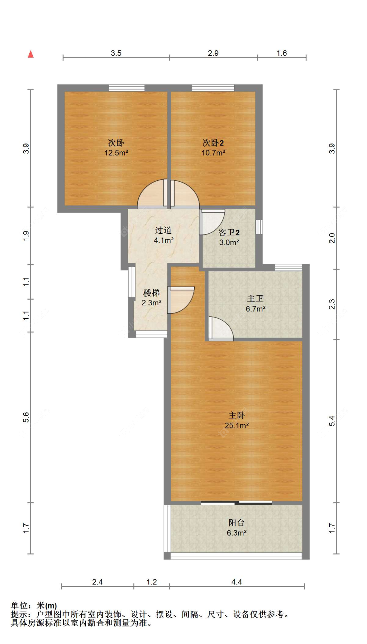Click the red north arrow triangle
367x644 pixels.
tap(31, 54)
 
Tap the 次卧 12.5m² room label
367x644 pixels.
tap(116, 147)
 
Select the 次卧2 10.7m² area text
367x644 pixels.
tap(213, 147)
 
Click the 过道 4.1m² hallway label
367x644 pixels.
tap(163, 235)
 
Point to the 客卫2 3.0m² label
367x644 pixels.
tap(229, 237)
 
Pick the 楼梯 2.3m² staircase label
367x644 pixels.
tap(151, 298)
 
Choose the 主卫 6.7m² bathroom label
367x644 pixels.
tap(255, 303)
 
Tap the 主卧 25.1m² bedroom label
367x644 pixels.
tap(237, 420)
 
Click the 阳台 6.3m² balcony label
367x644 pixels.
tap(237, 528)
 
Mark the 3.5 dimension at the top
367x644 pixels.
tap(116, 53)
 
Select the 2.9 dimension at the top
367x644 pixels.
tap(213, 53)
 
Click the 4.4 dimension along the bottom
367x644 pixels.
tap(237, 582)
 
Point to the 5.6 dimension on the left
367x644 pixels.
tap(26, 417)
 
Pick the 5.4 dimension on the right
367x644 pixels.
tap(332, 421)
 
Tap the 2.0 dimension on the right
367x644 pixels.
tap(332, 238)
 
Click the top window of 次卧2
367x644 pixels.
tap(213, 88)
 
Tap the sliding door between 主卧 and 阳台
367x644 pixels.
tap(237, 502)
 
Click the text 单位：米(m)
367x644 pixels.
tap(34, 606)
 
